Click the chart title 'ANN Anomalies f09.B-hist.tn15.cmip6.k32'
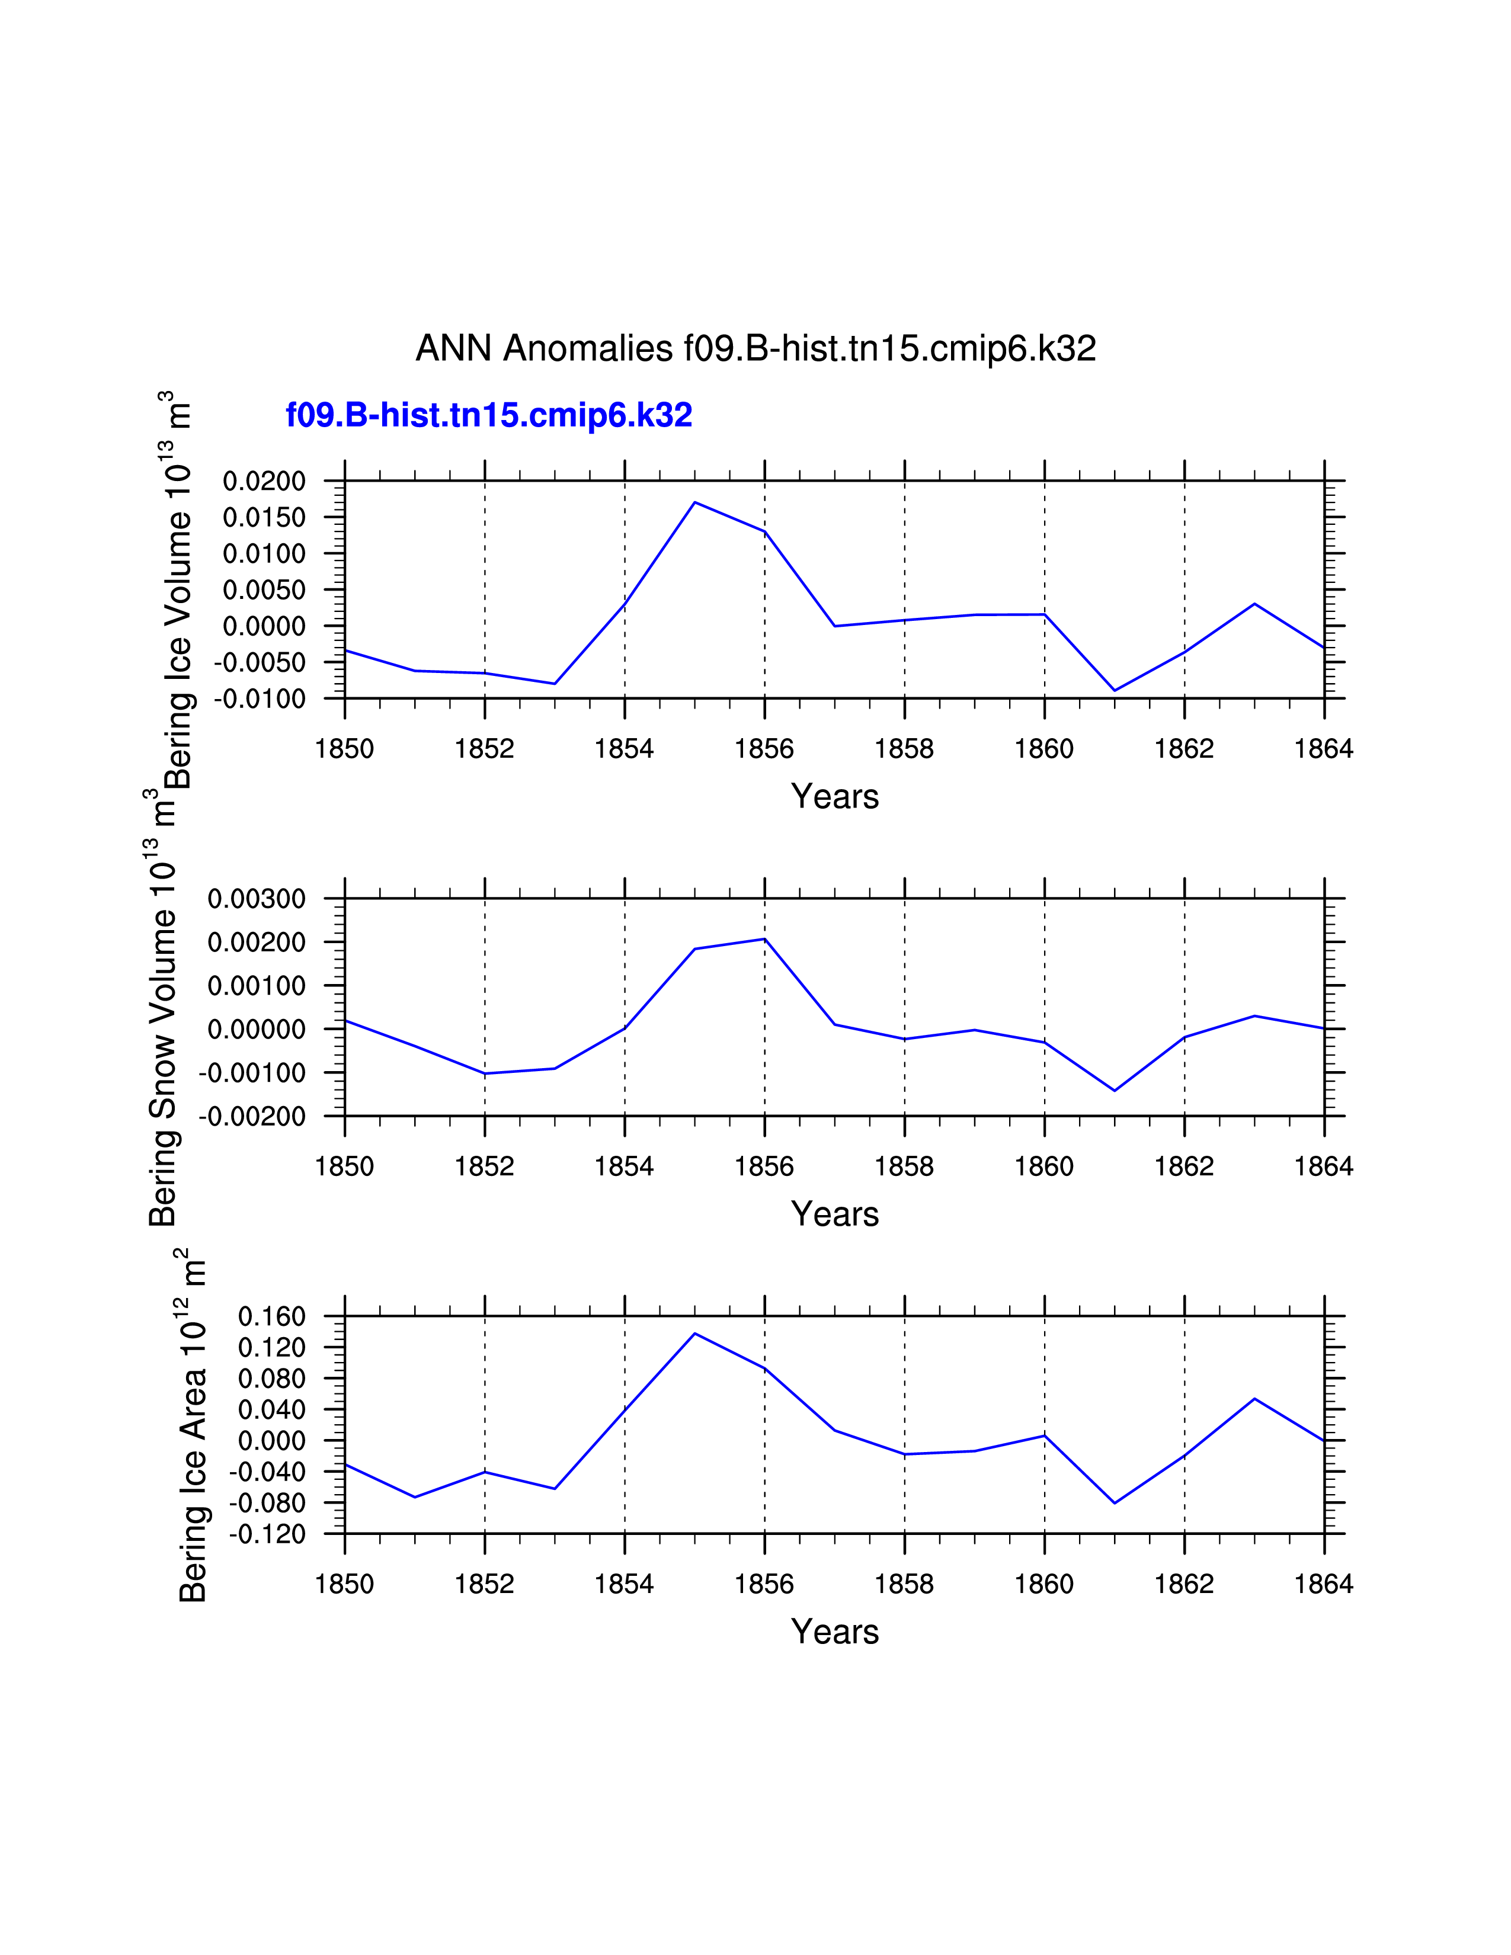click(x=755, y=348)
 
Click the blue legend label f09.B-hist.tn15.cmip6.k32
click(x=489, y=415)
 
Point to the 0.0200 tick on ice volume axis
click(x=264, y=482)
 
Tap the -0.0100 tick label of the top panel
click(x=260, y=699)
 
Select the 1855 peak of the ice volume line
click(x=694, y=502)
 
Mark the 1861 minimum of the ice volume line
click(x=1115, y=690)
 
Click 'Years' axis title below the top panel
click(x=834, y=796)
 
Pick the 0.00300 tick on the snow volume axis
click(x=257, y=899)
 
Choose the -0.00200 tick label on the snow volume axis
click(x=252, y=1116)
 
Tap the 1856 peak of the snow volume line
click(x=764, y=939)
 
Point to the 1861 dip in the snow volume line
click(x=1115, y=1090)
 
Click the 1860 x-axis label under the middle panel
click(x=1043, y=1166)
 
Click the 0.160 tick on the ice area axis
click(x=272, y=1317)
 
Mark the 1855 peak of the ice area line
click(x=694, y=1334)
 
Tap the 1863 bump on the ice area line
click(x=1254, y=1398)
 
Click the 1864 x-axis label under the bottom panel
click(x=1324, y=1584)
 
